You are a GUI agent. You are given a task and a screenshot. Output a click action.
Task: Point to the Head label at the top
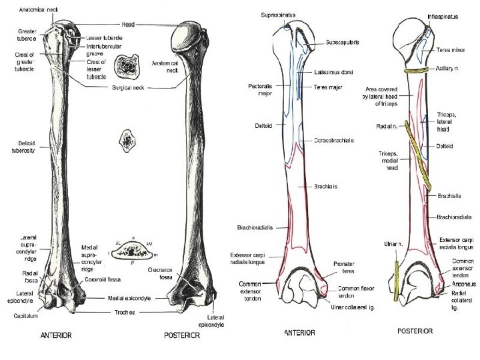click(x=129, y=24)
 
